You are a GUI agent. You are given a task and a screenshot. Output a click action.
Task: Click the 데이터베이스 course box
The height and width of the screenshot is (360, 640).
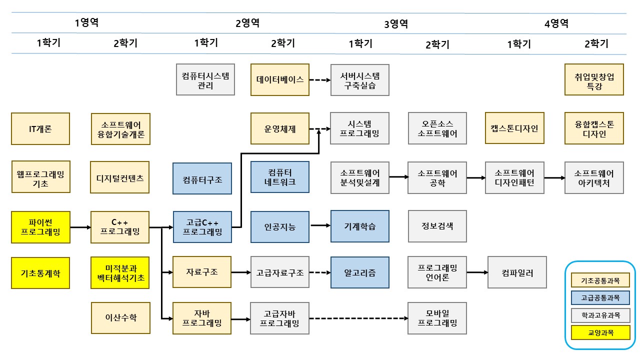280,79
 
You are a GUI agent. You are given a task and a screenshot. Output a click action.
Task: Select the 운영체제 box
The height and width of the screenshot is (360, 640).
280,129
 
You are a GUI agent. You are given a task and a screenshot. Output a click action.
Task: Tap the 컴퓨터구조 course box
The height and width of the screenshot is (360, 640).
202,178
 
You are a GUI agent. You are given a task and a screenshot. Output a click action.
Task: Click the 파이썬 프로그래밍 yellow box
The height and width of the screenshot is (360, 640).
40,227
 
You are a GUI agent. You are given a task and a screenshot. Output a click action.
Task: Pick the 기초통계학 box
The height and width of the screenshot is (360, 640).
40,273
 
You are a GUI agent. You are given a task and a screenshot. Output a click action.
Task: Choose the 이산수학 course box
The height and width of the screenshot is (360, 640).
120,317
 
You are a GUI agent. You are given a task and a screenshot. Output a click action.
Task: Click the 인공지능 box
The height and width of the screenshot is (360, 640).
280,227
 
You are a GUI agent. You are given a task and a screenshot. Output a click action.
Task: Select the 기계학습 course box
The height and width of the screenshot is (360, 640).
359,227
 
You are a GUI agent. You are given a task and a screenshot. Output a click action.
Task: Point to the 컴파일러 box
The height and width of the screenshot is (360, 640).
517,273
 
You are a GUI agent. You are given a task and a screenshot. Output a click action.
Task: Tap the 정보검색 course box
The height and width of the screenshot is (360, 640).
437,227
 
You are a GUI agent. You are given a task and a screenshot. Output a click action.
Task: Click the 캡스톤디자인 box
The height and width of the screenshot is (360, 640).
514,128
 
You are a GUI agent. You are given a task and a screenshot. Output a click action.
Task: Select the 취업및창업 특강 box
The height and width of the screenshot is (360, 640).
594,79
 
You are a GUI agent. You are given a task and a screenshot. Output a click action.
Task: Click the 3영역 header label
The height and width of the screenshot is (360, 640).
396,23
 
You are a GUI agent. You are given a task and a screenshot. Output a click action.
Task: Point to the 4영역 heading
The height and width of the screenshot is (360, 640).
556,23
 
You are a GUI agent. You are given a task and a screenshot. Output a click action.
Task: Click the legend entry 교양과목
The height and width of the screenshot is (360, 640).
600,332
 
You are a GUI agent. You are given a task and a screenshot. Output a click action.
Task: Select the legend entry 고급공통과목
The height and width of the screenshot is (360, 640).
600,298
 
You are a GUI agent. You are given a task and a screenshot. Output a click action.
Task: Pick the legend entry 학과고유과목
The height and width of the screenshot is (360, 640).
600,315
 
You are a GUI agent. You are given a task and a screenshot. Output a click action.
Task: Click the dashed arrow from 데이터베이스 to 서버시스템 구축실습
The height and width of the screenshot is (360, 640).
320,79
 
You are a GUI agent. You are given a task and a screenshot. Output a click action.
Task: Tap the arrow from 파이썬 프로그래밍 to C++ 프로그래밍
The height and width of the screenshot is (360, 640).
80,227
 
